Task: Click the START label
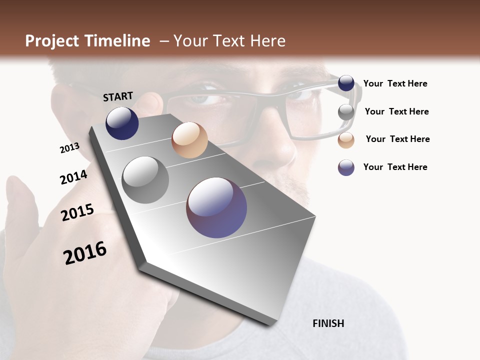tap(118, 96)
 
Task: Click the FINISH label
tap(328, 323)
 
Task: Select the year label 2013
tap(69, 148)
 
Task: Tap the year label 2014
tap(73, 177)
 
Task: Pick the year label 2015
tap(77, 212)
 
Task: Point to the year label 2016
tap(85, 253)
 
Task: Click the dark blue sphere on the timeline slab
tap(122, 123)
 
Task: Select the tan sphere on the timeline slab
tap(189, 140)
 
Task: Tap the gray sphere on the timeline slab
tap(145, 180)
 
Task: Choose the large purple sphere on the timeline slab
tap(216, 207)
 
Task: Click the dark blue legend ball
tap(346, 83)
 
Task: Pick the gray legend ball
tap(346, 112)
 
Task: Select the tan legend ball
tap(346, 140)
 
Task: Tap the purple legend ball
tap(346, 167)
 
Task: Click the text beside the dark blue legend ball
tap(395, 84)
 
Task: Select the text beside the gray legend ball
tap(396, 111)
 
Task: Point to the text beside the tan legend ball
tap(397, 139)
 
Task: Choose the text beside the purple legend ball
tap(395, 167)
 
